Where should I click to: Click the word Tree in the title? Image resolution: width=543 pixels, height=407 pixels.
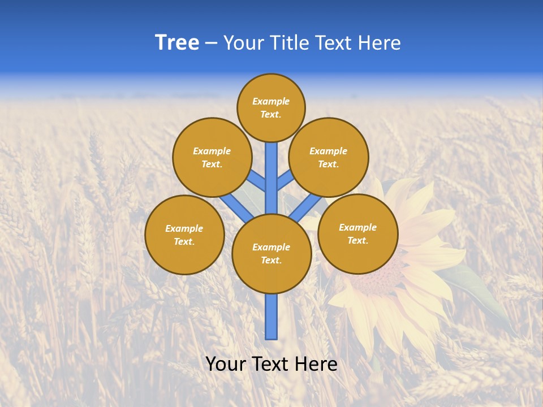click(177, 42)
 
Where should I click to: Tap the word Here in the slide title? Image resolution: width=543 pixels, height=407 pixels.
click(380, 43)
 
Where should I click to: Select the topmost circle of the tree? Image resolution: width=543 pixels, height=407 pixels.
click(271, 107)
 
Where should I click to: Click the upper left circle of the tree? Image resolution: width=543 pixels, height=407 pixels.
click(212, 157)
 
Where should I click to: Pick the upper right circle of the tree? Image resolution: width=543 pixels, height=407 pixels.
click(329, 157)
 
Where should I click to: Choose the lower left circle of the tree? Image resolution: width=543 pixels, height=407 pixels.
click(184, 235)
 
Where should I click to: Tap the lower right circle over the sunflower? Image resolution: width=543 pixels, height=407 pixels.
click(358, 233)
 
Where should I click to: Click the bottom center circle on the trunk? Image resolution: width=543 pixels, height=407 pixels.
click(271, 254)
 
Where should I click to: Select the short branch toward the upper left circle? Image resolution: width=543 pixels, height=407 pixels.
click(256, 181)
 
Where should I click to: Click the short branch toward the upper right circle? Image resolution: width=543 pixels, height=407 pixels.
click(286, 181)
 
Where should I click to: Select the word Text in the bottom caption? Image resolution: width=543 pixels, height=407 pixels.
click(272, 363)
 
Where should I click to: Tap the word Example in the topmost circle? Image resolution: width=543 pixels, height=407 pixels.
click(271, 101)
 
